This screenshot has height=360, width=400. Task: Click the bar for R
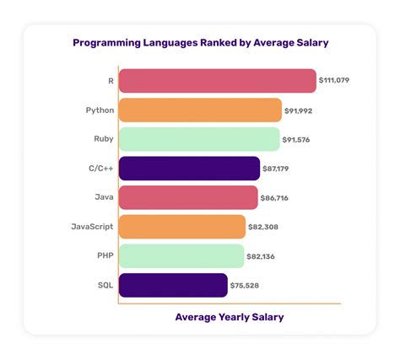(x=217, y=81)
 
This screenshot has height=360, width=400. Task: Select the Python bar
(x=200, y=110)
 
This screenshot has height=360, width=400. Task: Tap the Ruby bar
(x=199, y=139)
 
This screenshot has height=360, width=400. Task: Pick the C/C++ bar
(x=189, y=169)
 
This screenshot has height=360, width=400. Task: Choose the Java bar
(x=188, y=197)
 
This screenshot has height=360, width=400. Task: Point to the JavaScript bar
(x=182, y=226)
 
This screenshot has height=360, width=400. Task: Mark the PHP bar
(x=181, y=255)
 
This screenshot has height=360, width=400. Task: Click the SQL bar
(x=173, y=285)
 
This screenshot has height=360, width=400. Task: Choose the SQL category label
(x=106, y=285)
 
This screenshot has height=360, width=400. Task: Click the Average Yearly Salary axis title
(x=230, y=317)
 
